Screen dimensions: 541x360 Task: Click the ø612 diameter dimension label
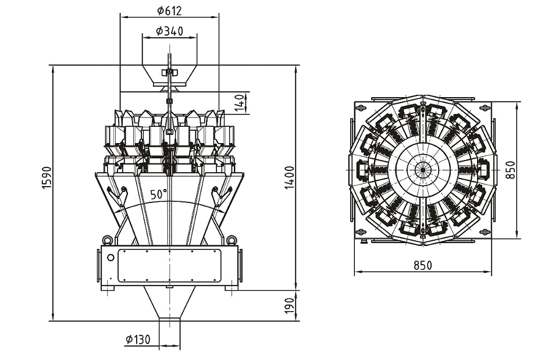pyautogui.click(x=169, y=10)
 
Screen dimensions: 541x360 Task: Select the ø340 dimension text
pyautogui.click(x=169, y=31)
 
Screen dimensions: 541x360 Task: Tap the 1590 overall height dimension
pyautogui.click(x=47, y=177)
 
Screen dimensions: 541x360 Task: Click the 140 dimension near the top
pyautogui.click(x=240, y=103)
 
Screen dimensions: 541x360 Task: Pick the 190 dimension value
pyautogui.click(x=290, y=306)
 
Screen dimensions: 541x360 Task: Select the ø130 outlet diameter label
pyautogui.click(x=138, y=340)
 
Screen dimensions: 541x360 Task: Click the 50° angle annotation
pyautogui.click(x=158, y=194)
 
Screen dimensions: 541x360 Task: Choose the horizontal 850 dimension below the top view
pyautogui.click(x=423, y=265)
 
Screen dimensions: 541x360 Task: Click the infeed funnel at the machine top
pyautogui.click(x=170, y=75)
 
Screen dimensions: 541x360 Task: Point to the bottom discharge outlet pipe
pyautogui.click(x=169, y=334)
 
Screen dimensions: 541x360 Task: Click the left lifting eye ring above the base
pyautogui.click(x=107, y=239)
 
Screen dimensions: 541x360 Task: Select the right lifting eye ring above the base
pyautogui.click(x=232, y=239)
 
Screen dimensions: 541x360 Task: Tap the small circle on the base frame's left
pyautogui.click(x=111, y=257)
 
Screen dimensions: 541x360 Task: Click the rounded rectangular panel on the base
pyautogui.click(x=169, y=266)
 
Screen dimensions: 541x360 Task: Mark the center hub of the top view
pyautogui.click(x=423, y=170)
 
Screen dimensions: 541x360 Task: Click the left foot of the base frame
pyautogui.click(x=108, y=287)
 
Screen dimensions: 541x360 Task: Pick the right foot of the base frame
pyautogui.click(x=232, y=287)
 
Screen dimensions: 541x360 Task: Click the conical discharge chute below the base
pyautogui.click(x=169, y=302)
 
